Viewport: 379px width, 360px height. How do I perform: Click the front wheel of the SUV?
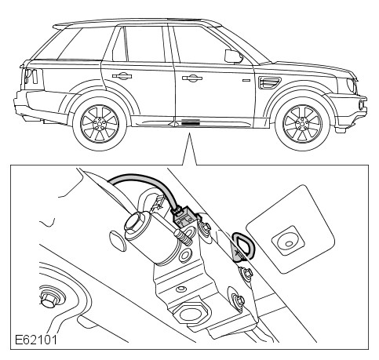pyautogui.click(x=302, y=124)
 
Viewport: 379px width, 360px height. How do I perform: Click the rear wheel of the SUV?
pyautogui.click(x=100, y=124)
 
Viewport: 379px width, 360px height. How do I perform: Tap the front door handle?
pyautogui.click(x=192, y=78)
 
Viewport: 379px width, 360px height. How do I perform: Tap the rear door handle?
pyautogui.click(x=122, y=76)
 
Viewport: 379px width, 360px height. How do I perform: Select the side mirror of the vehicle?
pyautogui.click(x=233, y=56)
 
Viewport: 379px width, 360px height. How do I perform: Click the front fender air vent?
pyautogui.click(x=269, y=82)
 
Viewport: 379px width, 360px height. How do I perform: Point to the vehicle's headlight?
pyautogui.click(x=351, y=85)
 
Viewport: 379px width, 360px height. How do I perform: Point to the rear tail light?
pyautogui.click(x=31, y=76)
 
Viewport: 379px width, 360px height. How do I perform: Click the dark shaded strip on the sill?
pyautogui.click(x=191, y=122)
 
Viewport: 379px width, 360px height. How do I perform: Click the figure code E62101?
pyautogui.click(x=36, y=340)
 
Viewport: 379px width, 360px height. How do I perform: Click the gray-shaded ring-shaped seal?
pyautogui.click(x=243, y=246)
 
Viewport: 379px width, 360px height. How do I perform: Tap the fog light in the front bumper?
pyautogui.click(x=362, y=104)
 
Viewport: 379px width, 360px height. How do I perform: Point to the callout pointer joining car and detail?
pyautogui.click(x=189, y=149)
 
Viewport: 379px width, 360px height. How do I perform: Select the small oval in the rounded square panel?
pyautogui.click(x=289, y=244)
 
